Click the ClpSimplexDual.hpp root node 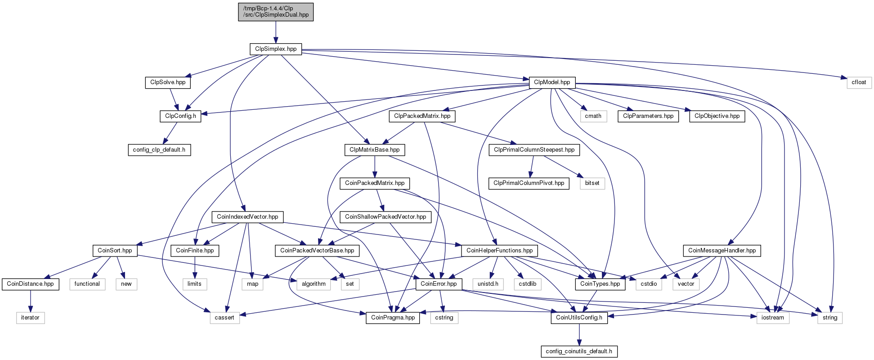pyautogui.click(x=276, y=12)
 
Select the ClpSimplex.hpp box pyautogui.click(x=276, y=49)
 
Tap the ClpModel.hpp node pyautogui.click(x=552, y=82)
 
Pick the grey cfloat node pyautogui.click(x=859, y=82)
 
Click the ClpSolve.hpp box pyautogui.click(x=168, y=82)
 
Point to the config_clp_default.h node pyautogui.click(x=159, y=150)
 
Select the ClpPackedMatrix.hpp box pyautogui.click(x=422, y=116)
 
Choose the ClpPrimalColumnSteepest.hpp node pyautogui.click(x=534, y=150)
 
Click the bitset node pyautogui.click(x=592, y=183)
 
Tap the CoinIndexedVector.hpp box pyautogui.click(x=247, y=217)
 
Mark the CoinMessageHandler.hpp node pyautogui.click(x=722, y=251)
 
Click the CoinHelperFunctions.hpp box pyautogui.click(x=499, y=251)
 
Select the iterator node pyautogui.click(x=30, y=318)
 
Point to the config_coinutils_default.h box pyautogui.click(x=579, y=351)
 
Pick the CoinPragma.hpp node pyautogui.click(x=393, y=318)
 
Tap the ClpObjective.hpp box pyautogui.click(x=717, y=116)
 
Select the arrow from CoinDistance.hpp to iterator pyautogui.click(x=30, y=301)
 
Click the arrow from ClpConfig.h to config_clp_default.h pyautogui.click(x=170, y=133)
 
